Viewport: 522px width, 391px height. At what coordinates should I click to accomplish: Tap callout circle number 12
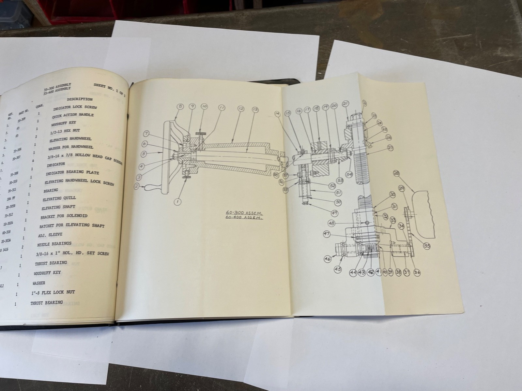(x=241, y=108)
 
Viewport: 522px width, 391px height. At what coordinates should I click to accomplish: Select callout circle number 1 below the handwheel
(x=178, y=202)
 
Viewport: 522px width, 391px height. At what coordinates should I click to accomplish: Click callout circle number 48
(x=331, y=223)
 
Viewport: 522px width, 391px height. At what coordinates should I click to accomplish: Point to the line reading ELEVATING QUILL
(x=59, y=198)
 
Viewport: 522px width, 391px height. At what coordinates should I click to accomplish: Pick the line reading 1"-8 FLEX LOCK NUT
(x=54, y=292)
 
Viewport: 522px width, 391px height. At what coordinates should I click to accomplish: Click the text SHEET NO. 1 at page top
(x=105, y=86)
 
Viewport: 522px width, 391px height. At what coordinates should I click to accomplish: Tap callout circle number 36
(x=417, y=272)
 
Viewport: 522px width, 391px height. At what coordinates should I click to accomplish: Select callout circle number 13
(x=255, y=109)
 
